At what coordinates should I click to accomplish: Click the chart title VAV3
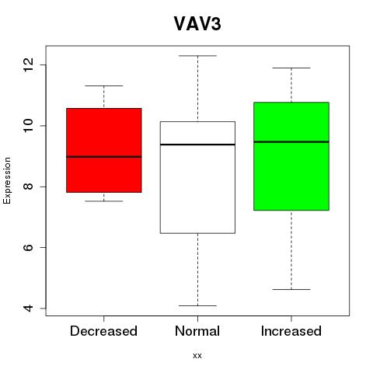(197, 24)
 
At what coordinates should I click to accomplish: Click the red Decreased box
(104, 150)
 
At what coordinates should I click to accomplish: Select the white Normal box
(197, 177)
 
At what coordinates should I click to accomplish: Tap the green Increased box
(291, 156)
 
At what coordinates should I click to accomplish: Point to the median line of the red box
(104, 157)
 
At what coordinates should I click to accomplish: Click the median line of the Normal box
(197, 145)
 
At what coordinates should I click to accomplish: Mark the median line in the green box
(291, 142)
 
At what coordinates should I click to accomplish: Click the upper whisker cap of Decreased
(104, 85)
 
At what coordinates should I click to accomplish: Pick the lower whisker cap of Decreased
(104, 201)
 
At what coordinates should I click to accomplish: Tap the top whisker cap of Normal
(197, 56)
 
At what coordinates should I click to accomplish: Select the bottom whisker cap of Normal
(197, 305)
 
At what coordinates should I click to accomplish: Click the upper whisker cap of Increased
(291, 68)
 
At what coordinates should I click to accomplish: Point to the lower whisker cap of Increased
(291, 289)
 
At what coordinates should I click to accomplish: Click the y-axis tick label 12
(29, 64)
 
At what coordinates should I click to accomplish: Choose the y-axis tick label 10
(29, 126)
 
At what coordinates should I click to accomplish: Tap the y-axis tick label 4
(29, 309)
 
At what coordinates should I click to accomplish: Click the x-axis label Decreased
(103, 331)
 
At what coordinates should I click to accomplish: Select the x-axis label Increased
(291, 331)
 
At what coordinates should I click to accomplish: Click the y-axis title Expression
(7, 180)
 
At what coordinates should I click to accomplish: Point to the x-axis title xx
(197, 356)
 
